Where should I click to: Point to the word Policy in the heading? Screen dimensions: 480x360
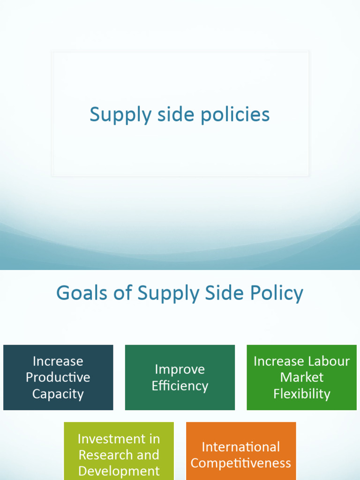(x=276, y=294)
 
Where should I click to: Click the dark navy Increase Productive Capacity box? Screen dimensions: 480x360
(x=58, y=377)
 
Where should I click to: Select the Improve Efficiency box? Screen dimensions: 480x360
(x=180, y=377)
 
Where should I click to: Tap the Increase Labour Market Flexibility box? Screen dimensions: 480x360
(x=301, y=377)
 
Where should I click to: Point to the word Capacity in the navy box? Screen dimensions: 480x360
(x=58, y=394)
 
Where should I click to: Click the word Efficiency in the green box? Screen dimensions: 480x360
(x=180, y=386)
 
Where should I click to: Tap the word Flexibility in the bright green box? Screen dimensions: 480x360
(x=302, y=394)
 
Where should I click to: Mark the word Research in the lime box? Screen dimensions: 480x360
(x=98, y=455)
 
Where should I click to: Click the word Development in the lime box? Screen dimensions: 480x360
(x=119, y=471)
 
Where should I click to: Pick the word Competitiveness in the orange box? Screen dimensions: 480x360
(x=241, y=464)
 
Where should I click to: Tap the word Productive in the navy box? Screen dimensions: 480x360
(x=58, y=377)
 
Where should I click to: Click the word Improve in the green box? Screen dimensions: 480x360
(x=180, y=369)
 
